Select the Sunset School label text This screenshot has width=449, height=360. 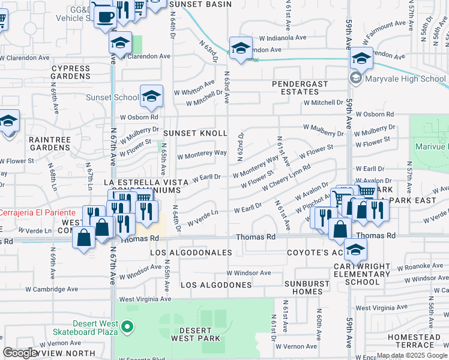[112, 97]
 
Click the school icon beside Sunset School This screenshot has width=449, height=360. [151, 95]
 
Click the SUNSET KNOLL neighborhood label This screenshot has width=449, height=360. [196, 133]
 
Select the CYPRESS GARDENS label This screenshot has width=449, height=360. [70, 73]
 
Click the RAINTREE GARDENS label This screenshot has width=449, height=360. [50, 143]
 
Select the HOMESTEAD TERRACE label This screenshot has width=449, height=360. [418, 341]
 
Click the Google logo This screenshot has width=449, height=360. [20, 353]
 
